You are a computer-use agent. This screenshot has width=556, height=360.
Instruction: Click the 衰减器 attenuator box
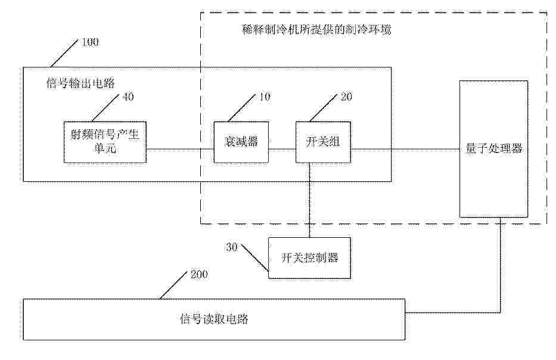241,142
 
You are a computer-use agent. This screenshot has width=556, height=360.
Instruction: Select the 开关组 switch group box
324,142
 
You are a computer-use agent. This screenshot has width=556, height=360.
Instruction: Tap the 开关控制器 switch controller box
309,258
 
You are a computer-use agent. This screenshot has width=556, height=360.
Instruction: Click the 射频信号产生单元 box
105,142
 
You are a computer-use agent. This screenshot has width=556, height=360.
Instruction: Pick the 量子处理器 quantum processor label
494,148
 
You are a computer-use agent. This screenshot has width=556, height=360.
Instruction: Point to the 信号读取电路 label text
214,319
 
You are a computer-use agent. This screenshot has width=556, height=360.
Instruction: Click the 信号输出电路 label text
81,83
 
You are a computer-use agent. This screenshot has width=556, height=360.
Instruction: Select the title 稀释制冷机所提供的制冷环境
316,29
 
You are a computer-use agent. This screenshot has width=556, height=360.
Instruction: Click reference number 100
90,42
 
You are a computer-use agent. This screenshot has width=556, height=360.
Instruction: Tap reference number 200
199,275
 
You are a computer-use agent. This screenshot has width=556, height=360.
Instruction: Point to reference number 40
128,97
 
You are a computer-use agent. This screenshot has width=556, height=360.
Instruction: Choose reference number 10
265,97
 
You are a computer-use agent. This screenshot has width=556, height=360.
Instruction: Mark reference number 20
346,97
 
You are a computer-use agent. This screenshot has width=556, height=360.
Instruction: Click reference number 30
232,247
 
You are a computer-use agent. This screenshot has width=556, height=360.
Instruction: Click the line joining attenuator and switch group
282,150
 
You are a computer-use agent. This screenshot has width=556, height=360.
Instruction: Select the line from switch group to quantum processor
405,150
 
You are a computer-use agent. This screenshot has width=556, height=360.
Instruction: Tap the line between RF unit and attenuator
180,150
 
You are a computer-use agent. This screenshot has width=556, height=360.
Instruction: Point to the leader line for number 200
173,285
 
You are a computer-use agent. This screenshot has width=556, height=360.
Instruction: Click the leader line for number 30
254,257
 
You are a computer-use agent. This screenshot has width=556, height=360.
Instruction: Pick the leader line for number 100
64,53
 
